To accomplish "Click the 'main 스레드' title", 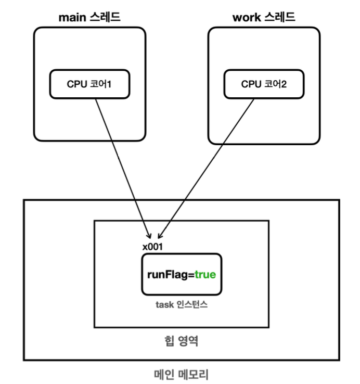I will [x=89, y=18].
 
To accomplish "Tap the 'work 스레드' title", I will [x=263, y=18].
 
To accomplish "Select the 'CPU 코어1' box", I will [x=89, y=84].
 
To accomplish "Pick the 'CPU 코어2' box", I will [x=264, y=84].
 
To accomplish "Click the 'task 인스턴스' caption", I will [x=181, y=304].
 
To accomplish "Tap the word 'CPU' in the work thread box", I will [x=250, y=84].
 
